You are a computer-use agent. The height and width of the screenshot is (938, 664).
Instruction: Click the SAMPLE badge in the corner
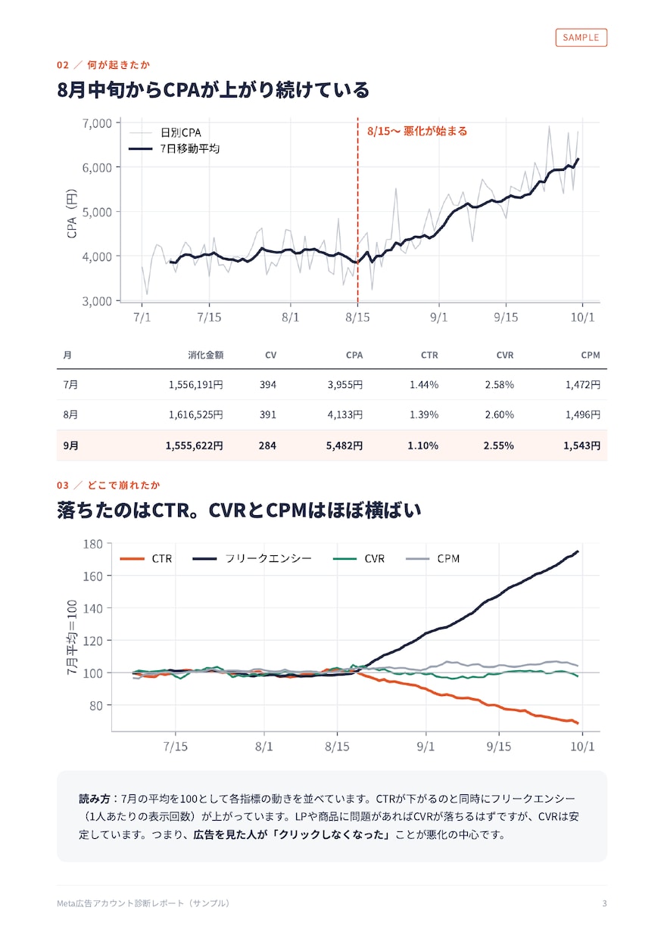tap(581, 38)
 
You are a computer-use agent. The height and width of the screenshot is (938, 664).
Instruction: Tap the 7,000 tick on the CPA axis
tap(97, 123)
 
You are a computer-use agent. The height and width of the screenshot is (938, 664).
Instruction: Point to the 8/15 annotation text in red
tap(417, 131)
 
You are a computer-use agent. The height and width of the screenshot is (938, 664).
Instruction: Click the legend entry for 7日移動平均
tap(174, 149)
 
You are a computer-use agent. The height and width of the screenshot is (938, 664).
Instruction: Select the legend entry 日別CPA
tap(165, 132)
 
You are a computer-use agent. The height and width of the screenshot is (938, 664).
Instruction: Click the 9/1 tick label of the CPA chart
tap(439, 317)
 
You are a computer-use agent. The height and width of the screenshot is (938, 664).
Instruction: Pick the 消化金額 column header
tap(205, 355)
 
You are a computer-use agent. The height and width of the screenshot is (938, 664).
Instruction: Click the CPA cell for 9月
tap(344, 446)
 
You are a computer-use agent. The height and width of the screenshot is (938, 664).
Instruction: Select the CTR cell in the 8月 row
tap(424, 415)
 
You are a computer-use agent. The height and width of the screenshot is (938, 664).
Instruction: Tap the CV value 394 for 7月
tap(268, 384)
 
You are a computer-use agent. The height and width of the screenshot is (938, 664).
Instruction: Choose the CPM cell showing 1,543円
tap(581, 446)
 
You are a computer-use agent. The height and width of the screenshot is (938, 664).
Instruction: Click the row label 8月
tap(70, 415)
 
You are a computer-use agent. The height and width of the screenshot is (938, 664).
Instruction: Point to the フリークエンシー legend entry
tap(252, 558)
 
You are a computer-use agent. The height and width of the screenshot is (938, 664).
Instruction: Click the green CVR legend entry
tap(359, 558)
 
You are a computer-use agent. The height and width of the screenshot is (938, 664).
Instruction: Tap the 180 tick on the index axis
tap(93, 544)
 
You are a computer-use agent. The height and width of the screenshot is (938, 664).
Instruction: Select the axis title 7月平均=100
tap(72, 637)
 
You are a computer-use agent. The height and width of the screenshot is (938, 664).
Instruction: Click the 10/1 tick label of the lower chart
tap(582, 746)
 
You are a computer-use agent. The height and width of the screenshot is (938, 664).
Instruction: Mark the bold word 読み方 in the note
tap(95, 799)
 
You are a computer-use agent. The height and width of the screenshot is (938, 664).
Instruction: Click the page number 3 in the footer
tap(604, 903)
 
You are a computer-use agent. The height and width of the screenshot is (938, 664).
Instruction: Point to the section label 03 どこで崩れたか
tap(108, 485)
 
